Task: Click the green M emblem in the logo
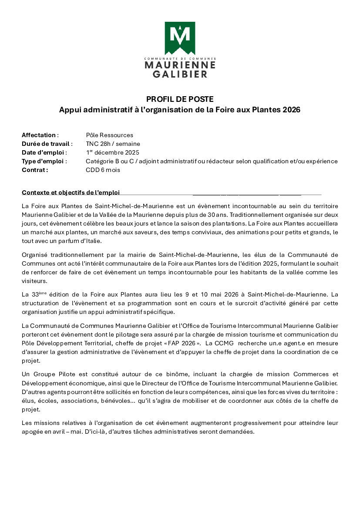click(180, 37)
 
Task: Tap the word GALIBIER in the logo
click(180, 74)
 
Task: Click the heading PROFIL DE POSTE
click(180, 99)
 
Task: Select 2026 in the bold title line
click(291, 110)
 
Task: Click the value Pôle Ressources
click(110, 135)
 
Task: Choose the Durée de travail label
click(47, 144)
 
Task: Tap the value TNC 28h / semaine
click(113, 144)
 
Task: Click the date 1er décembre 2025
click(113, 152)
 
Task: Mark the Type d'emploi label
click(44, 161)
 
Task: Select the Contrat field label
click(35, 170)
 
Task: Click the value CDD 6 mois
click(103, 170)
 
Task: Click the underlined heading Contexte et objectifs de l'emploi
click(71, 192)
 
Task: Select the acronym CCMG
click(222, 343)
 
